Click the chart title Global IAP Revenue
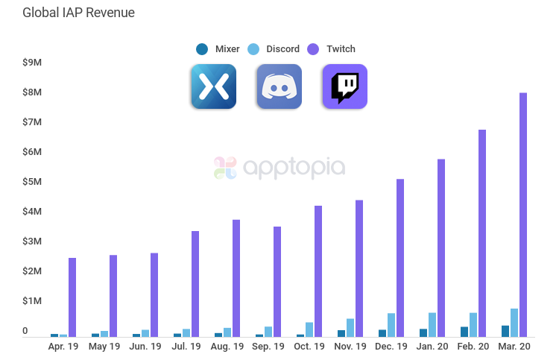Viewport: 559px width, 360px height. (x=78, y=13)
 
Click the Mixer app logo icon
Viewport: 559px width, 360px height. (x=213, y=86)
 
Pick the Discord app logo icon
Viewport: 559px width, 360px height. (x=279, y=86)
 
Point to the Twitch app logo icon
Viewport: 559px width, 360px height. (x=344, y=86)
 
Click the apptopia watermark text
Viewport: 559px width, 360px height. (x=292, y=167)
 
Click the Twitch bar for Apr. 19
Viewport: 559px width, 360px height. (x=72, y=297)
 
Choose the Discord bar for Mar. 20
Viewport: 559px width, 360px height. (x=514, y=323)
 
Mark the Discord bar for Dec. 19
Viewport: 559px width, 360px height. (x=391, y=325)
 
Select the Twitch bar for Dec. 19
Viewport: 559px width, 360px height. (x=400, y=258)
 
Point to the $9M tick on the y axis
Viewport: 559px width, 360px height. (x=32, y=63)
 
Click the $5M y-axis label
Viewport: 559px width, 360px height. (x=32, y=182)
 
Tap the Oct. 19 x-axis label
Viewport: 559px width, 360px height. (x=309, y=347)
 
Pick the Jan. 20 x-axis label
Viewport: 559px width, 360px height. (x=432, y=347)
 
